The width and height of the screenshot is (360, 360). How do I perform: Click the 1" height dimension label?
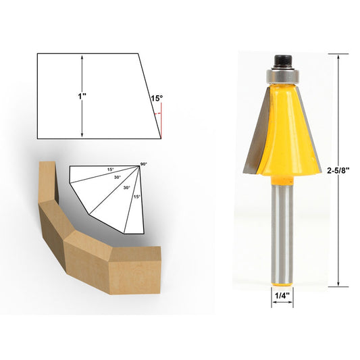[81, 96]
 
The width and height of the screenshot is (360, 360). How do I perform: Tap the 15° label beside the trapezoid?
[156, 99]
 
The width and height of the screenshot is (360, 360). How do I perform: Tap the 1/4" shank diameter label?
[283, 294]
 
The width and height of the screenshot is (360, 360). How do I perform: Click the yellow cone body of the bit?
[282, 128]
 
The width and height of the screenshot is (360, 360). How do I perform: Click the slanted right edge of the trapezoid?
[150, 95]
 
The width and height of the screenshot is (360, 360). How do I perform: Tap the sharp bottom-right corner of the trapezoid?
[161, 138]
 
